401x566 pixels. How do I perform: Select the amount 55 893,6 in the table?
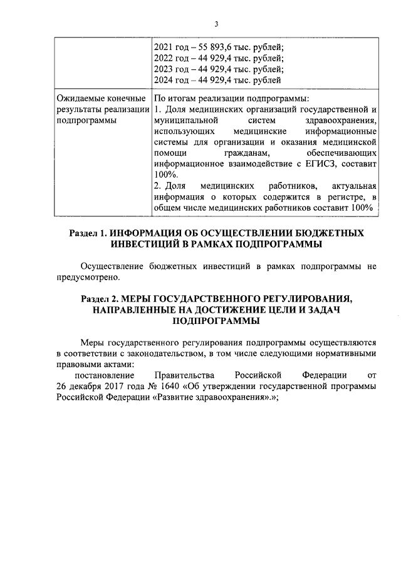(214, 46)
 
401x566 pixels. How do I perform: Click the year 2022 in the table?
(165, 58)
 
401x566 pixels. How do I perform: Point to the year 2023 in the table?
(165, 69)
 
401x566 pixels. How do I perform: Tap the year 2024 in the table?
(165, 80)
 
